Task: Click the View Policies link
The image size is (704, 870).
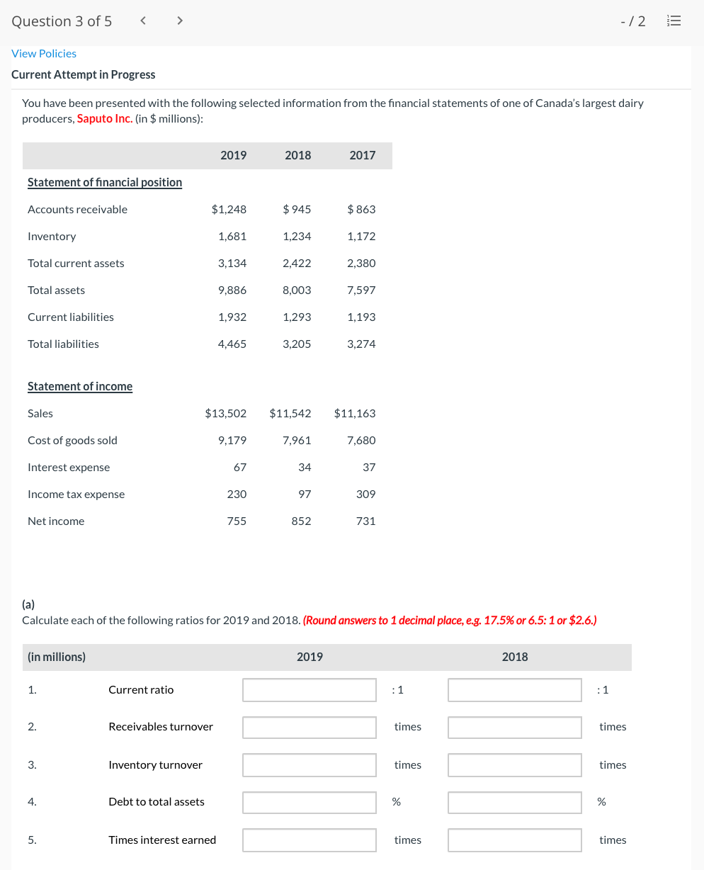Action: [44, 54]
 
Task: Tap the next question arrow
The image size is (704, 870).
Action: [179, 21]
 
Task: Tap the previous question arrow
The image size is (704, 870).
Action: [143, 21]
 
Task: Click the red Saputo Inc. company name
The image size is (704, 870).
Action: [104, 118]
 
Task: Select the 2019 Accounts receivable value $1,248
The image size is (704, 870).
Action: [229, 209]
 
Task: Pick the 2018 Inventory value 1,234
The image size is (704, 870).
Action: [297, 236]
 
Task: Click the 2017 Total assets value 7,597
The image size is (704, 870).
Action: [361, 290]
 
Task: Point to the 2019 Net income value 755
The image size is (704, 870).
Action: [237, 521]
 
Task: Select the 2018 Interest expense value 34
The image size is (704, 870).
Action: [305, 467]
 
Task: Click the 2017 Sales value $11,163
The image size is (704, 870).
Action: [355, 413]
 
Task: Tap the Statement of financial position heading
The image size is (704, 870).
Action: [105, 182]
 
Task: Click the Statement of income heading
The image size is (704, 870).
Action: [80, 386]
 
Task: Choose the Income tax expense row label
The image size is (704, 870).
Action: [76, 494]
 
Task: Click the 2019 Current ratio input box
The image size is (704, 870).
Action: [310, 690]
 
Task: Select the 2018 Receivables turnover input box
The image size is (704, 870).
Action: [515, 727]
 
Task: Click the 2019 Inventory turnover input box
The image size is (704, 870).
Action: [310, 765]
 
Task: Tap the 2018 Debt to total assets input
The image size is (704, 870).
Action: [515, 802]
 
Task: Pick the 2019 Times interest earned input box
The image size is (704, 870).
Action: [310, 840]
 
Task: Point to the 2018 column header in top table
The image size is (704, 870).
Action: [297, 155]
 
